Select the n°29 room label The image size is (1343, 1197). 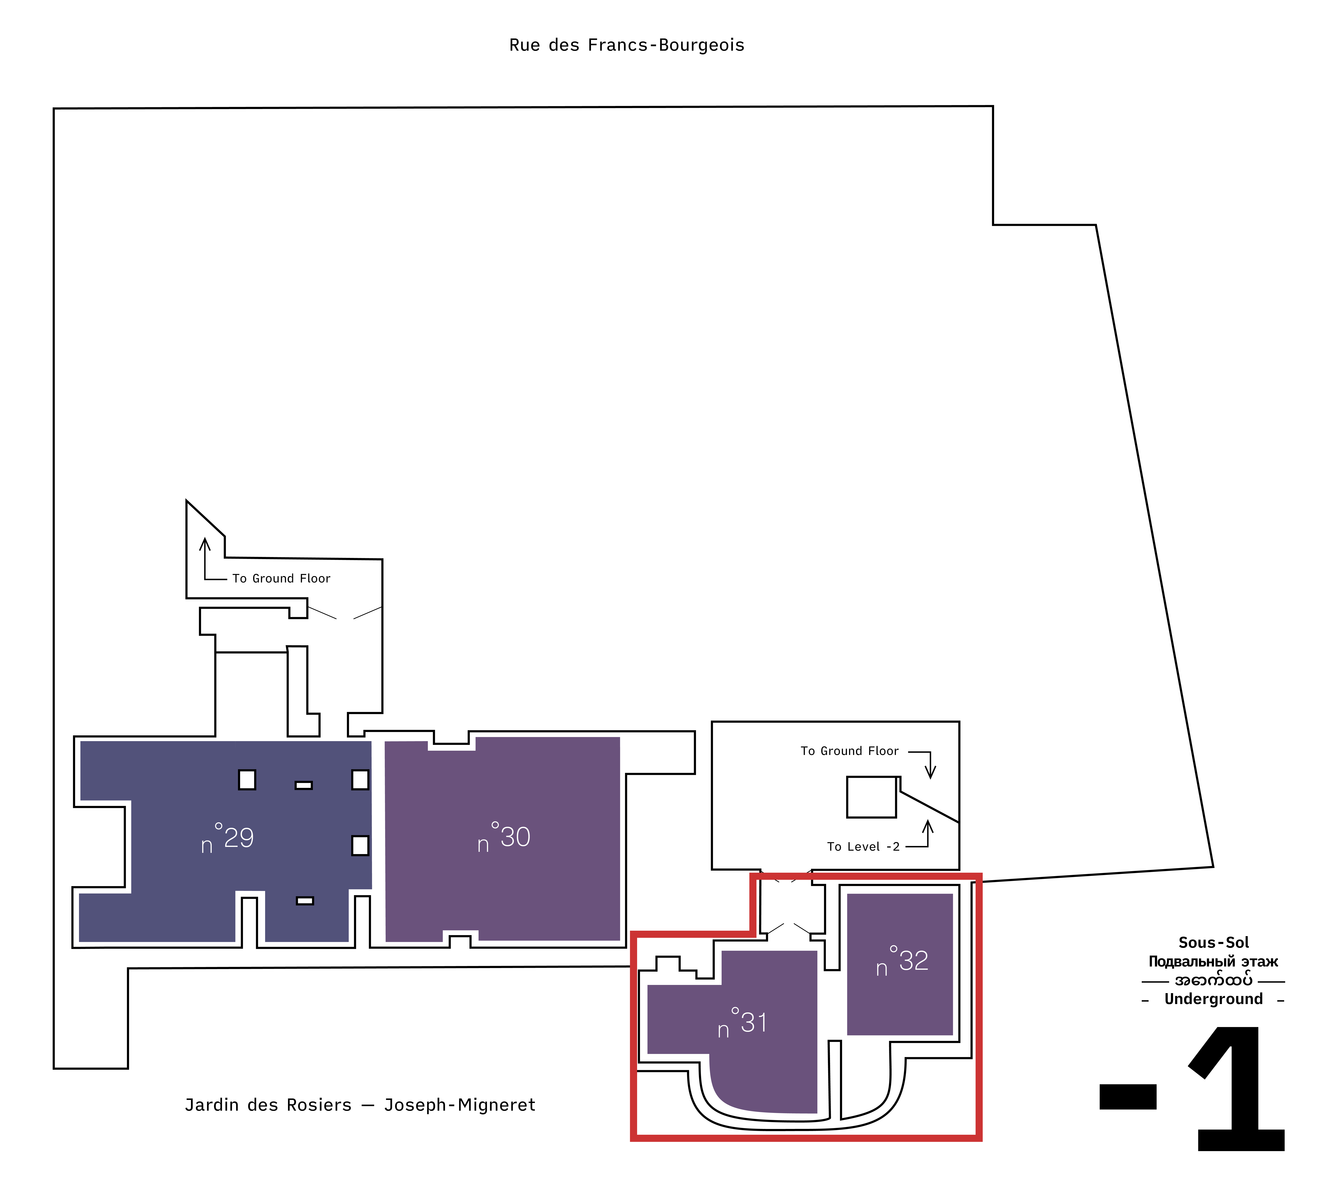[227, 837]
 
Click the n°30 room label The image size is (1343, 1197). [503, 837]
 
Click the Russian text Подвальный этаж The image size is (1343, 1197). [1213, 962]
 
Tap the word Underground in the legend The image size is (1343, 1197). [1213, 999]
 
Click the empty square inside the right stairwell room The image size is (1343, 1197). [871, 797]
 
